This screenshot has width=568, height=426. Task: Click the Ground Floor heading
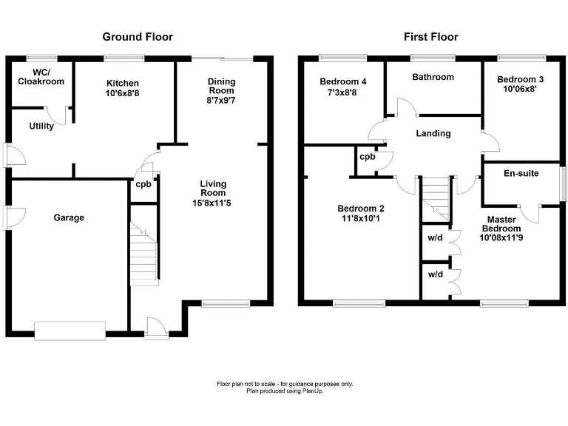[x=137, y=37]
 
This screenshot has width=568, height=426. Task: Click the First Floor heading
[x=430, y=37]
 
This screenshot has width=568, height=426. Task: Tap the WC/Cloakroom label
[x=41, y=77]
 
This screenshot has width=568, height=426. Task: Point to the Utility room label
[x=41, y=126]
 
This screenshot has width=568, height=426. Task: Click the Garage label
[x=69, y=217]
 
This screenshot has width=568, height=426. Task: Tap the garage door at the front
[x=70, y=330]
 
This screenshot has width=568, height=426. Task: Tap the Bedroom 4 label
[x=339, y=81]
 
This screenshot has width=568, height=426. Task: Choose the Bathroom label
[x=433, y=77]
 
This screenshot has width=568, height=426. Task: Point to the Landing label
[x=433, y=134]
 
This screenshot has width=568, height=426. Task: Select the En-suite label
[x=521, y=174]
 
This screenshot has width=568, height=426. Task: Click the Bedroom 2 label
[x=360, y=209]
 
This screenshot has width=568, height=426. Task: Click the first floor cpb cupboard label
[x=367, y=157]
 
